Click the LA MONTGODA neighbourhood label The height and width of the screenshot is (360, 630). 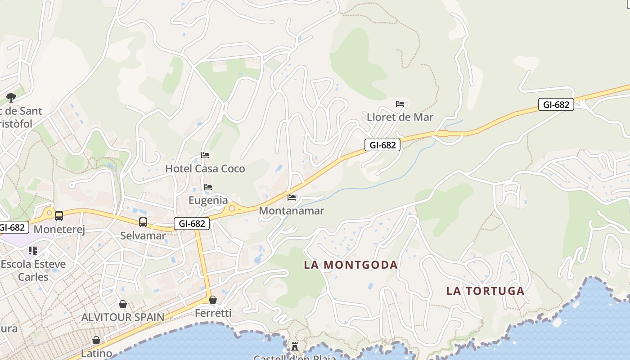coord(351,265)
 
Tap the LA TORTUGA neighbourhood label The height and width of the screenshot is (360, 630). coord(485,291)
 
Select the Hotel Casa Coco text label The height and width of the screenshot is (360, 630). coord(205,169)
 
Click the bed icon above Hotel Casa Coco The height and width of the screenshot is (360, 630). coord(205,155)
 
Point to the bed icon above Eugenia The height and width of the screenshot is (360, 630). coord(208,187)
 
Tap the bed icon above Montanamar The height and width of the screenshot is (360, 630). coord(292,197)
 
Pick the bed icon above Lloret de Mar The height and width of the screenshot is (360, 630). coord(400,104)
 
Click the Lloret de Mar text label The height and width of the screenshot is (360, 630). coord(400,117)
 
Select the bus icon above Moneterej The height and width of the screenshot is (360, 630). coord(59,216)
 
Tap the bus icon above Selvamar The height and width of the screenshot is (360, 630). coord(143,222)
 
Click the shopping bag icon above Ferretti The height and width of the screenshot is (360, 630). coord(213,300)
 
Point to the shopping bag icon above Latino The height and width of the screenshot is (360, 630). coord(96,340)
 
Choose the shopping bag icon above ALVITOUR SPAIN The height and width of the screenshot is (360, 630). coord(123,304)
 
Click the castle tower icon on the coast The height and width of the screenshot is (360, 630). coord(295,346)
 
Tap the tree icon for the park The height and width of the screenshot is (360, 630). coord(11,97)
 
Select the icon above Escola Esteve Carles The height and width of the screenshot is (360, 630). coord(33,250)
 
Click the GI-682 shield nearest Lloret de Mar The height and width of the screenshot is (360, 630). coord(382,144)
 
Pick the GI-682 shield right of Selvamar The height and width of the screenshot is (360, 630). coord(192,224)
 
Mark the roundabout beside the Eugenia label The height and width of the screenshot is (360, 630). coord(232,208)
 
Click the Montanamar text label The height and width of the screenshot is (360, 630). coord(292,211)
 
